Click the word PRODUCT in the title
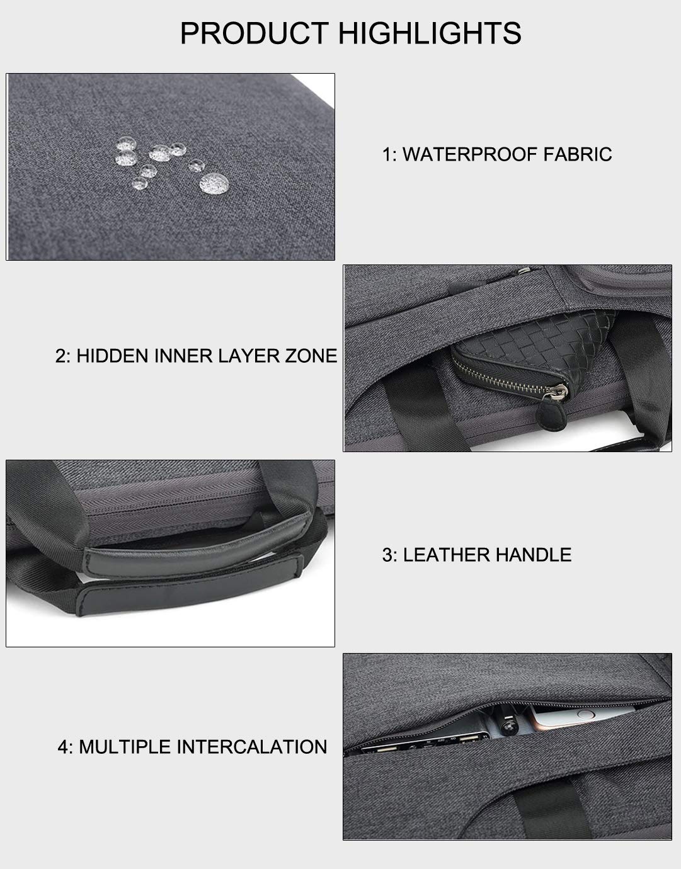pos(255,33)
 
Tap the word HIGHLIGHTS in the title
pos(430,33)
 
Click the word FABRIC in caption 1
pos(578,154)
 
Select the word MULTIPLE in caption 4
pos(125,747)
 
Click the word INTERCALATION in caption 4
pos(252,747)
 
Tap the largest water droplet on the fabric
pos(214,183)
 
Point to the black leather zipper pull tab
pos(546,415)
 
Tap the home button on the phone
pos(586,714)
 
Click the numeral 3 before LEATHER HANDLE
pos(387,555)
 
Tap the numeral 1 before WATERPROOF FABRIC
pos(386,154)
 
